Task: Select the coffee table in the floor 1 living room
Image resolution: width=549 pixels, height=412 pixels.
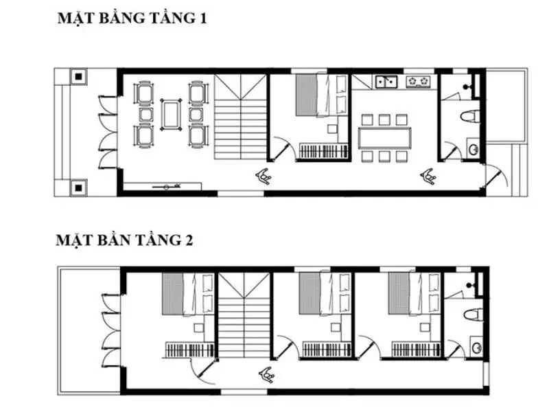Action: coord(170,114)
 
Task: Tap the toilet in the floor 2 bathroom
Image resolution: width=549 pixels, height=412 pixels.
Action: coord(471,314)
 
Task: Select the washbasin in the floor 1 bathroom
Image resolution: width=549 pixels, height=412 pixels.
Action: coord(473,148)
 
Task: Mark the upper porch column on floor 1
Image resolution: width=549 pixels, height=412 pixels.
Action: coord(80,76)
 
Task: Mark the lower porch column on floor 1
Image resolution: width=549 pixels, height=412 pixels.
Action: coord(80,185)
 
